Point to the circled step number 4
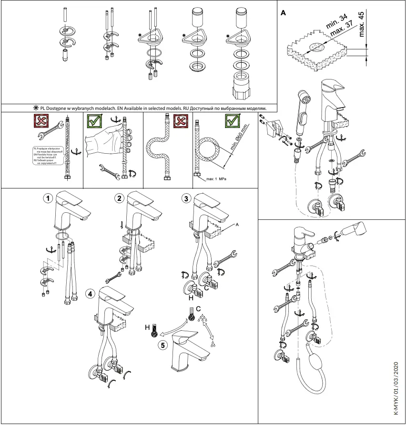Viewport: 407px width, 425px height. click(90, 294)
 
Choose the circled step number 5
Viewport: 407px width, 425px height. click(163, 346)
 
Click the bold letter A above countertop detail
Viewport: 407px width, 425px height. click(284, 13)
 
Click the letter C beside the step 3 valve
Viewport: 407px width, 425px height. click(206, 287)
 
